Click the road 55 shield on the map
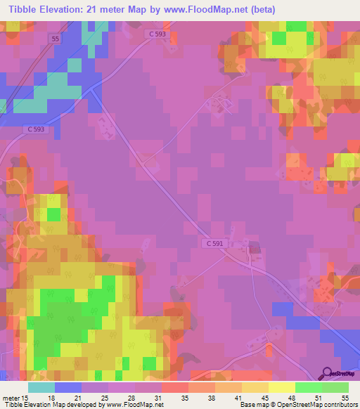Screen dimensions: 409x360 pos(56,39)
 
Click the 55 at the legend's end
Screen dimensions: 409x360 pos(345,397)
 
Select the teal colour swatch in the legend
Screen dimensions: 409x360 pos(41,387)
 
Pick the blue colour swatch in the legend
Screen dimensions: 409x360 pos(68,387)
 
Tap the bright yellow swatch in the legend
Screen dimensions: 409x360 pos(281,387)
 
